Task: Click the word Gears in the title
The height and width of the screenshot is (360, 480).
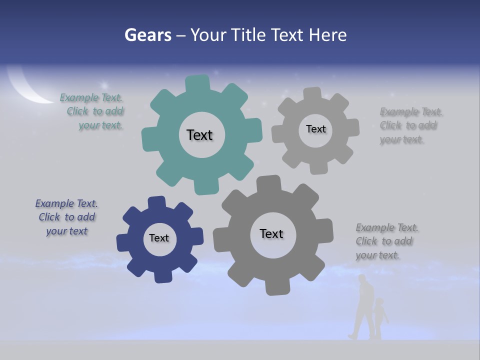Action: coord(147,35)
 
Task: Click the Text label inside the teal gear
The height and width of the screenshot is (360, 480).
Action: coord(199,135)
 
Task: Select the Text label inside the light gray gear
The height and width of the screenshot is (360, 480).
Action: coord(315,129)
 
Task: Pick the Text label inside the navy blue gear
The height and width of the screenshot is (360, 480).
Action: coord(159,238)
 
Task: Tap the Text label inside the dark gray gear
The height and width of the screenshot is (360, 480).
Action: coord(271,233)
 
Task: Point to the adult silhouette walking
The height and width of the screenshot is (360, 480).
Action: coord(364,307)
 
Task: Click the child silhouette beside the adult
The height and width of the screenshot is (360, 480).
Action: coord(380,317)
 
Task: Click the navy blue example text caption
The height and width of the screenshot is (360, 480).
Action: coord(66,217)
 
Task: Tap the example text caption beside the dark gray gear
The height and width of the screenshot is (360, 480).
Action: coord(386,241)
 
